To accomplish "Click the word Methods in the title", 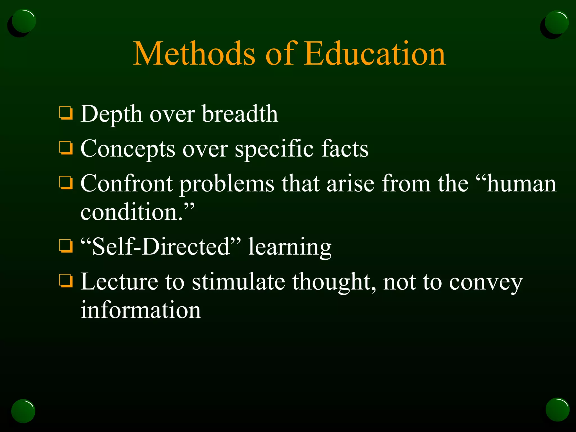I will click(x=194, y=53).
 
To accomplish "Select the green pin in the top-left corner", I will click(x=24, y=21).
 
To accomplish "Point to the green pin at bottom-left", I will click(x=23, y=411).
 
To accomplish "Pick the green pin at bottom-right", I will click(x=557, y=409).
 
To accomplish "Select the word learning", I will click(x=290, y=247).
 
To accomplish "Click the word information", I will click(x=141, y=310).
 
